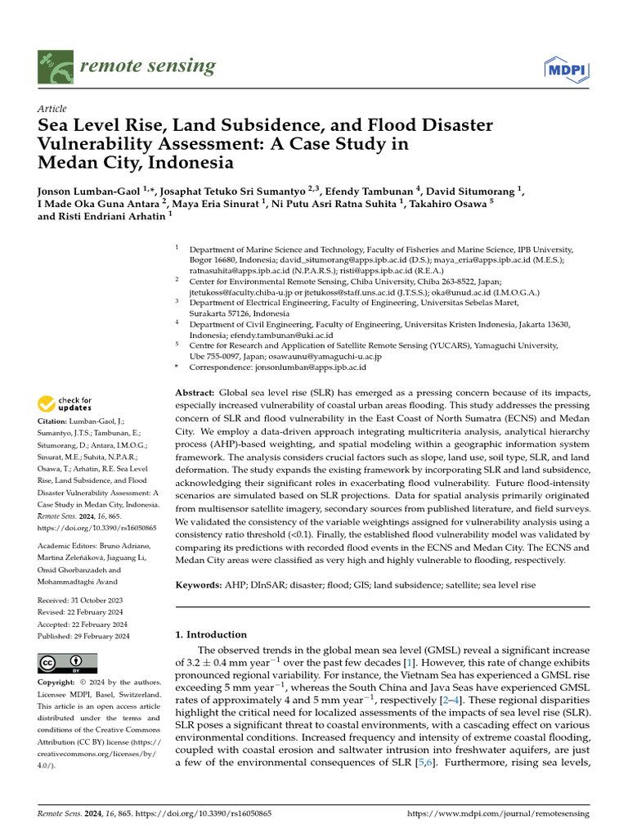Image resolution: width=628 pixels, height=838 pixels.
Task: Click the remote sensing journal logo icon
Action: tap(54, 66)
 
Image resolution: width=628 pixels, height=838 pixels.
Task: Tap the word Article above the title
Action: tap(52, 109)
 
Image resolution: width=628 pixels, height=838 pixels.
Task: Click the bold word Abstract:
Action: tap(196, 394)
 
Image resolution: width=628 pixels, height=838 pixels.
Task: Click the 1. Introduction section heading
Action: tap(212, 634)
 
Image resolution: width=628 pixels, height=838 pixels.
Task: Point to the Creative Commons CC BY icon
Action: tap(67, 662)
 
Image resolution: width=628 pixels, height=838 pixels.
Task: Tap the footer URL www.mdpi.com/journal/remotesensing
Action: tap(497, 814)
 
